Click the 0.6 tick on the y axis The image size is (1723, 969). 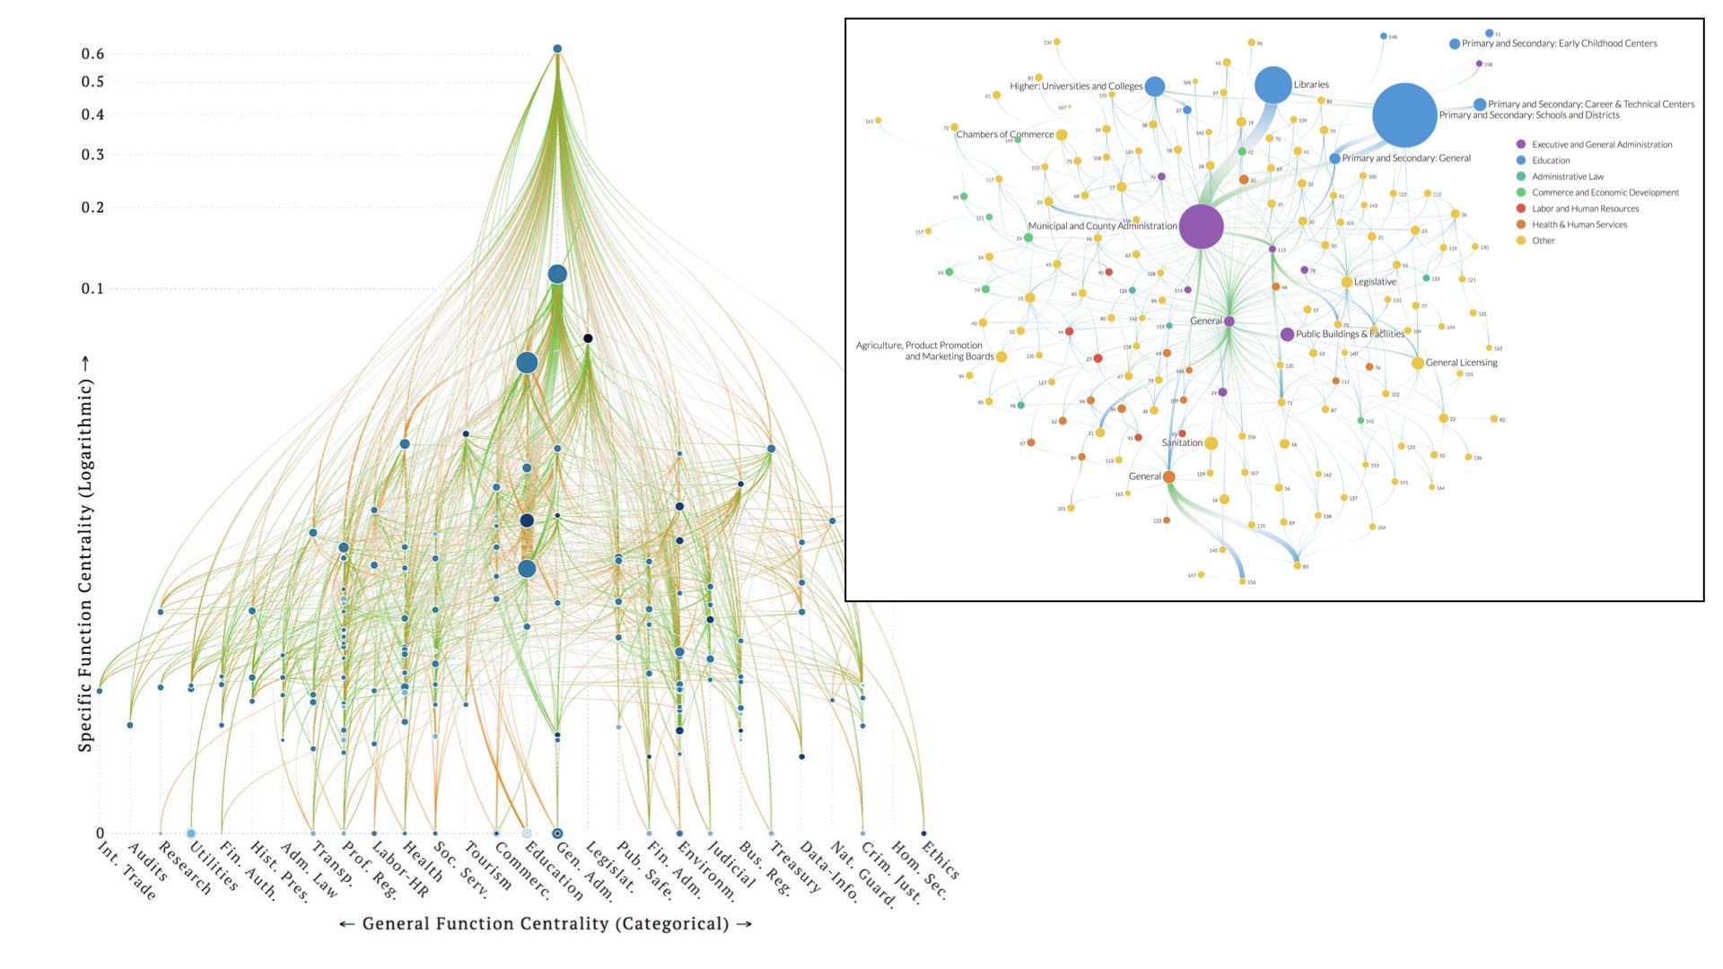[x=93, y=54]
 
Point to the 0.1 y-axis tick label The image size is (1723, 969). [x=93, y=289]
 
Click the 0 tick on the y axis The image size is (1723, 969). [x=100, y=834]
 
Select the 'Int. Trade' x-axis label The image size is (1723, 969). [x=127, y=869]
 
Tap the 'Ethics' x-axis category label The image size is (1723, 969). [x=940, y=859]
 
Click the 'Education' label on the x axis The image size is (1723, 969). [x=554, y=869]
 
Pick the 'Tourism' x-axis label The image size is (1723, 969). [x=486, y=865]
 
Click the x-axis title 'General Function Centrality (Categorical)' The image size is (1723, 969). [x=546, y=924]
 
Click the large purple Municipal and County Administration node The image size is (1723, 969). [x=1201, y=226]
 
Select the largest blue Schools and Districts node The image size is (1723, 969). [x=1404, y=115]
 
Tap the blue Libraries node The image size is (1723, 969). [x=1273, y=85]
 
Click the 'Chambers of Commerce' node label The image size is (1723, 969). [x=1004, y=135]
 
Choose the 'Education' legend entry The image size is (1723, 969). [x=1551, y=161]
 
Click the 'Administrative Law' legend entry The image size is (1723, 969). [x=1567, y=177]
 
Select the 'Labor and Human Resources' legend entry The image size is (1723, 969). [x=1585, y=209]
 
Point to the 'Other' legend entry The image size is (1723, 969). [x=1543, y=240]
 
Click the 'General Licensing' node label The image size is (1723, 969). [x=1461, y=363]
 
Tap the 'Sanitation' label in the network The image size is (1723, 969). [x=1182, y=443]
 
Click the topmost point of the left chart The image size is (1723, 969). [x=557, y=48]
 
